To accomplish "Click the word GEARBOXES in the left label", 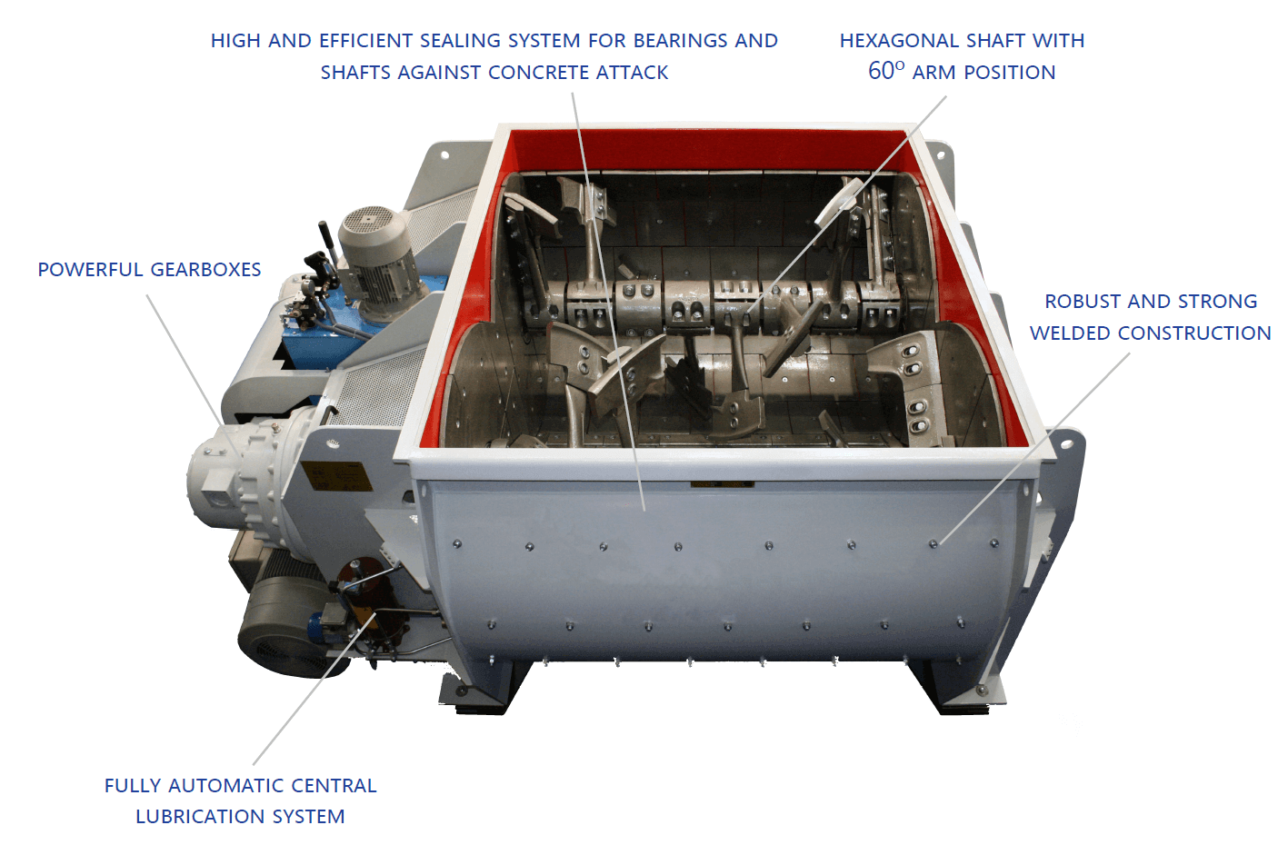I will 205,270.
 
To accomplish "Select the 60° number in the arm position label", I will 885,72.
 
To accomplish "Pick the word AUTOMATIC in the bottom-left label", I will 227,786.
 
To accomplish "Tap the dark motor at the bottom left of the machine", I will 277,627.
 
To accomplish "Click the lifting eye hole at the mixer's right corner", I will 1064,444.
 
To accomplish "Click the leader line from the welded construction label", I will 1036,445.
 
